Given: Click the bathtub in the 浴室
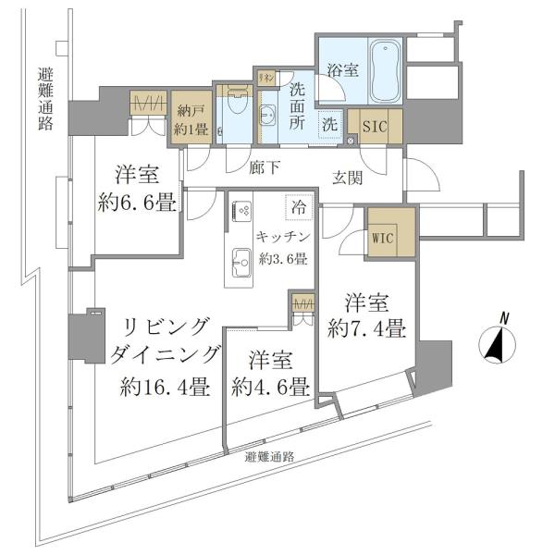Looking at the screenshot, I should pyautogui.click(x=383, y=73).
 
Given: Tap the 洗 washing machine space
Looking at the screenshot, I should pyautogui.click(x=329, y=123).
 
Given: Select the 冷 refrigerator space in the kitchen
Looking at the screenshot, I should pyautogui.click(x=298, y=209).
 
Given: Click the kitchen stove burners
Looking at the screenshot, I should pyautogui.click(x=243, y=210).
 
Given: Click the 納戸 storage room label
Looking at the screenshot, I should pyautogui.click(x=191, y=110).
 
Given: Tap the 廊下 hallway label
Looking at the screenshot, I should pyautogui.click(x=265, y=168).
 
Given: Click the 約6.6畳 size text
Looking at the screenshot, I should pyautogui.click(x=137, y=203).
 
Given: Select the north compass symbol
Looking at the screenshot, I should pyautogui.click(x=499, y=345).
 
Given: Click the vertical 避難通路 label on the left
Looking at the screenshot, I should pyautogui.click(x=44, y=101).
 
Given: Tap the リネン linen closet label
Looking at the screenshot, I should pyautogui.click(x=266, y=78).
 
